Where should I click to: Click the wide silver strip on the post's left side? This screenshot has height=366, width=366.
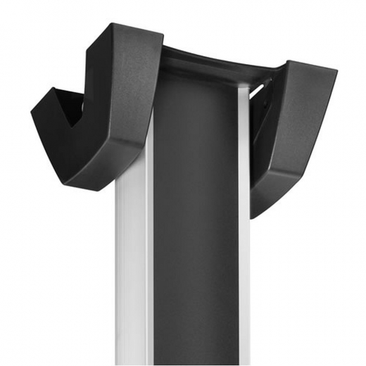point(134,267)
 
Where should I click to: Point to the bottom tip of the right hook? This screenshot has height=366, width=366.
point(255,211)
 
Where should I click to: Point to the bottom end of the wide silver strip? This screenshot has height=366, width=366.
point(134,359)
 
